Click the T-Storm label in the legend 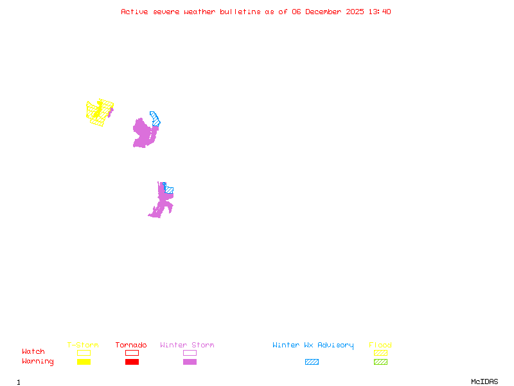click(x=83, y=345)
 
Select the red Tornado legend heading click(x=131, y=345)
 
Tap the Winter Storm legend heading click(x=187, y=345)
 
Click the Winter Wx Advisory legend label click(x=313, y=345)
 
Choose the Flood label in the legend click(x=380, y=345)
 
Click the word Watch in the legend click(x=33, y=352)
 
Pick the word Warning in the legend click(x=37, y=362)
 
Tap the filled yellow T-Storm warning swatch click(x=84, y=362)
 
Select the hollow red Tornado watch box click(x=132, y=353)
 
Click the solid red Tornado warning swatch click(x=132, y=362)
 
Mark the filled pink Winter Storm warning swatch click(x=190, y=362)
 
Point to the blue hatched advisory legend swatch click(x=312, y=362)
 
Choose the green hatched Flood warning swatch click(x=380, y=362)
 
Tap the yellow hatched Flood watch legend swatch click(x=380, y=353)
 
